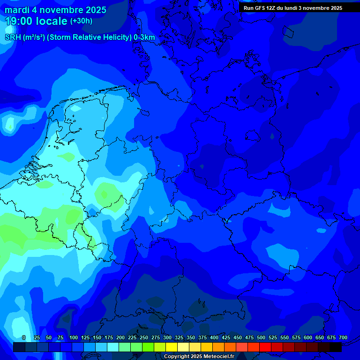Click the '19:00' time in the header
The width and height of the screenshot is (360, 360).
click(x=19, y=21)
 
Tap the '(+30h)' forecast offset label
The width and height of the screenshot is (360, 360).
click(x=81, y=21)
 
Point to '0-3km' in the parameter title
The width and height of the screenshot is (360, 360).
click(x=144, y=37)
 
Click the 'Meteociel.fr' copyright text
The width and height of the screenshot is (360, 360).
click(x=217, y=357)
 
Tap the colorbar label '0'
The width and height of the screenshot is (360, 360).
click(x=24, y=337)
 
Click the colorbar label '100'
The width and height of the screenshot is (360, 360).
click(x=74, y=337)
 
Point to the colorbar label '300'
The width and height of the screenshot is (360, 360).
click(x=167, y=337)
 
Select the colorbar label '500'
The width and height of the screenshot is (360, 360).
click(x=261, y=337)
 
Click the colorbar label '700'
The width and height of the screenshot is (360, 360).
click(x=343, y=337)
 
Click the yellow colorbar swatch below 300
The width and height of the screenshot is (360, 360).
click(x=172, y=347)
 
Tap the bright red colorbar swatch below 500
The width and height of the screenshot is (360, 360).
click(x=265, y=347)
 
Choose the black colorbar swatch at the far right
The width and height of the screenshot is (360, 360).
click(x=336, y=347)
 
